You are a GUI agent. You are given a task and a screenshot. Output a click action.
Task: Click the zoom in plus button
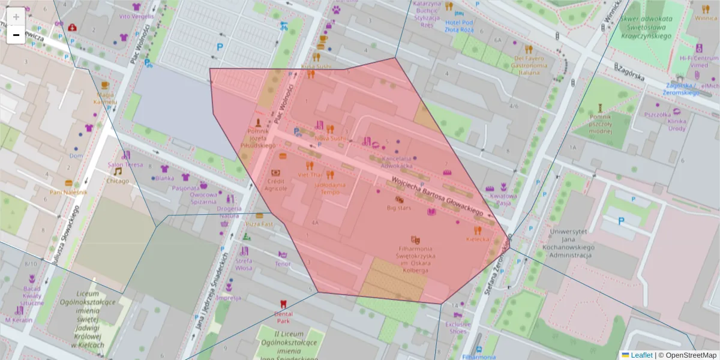[x=16, y=17]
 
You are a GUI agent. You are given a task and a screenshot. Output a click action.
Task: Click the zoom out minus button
[x=16, y=35]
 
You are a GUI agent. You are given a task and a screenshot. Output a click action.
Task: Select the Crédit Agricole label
[x=277, y=184]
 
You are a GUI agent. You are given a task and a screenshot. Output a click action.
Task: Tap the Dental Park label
[x=283, y=317]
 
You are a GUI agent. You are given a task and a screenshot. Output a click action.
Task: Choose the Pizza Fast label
[x=259, y=224]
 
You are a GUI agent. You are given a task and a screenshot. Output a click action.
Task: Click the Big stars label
[x=399, y=208]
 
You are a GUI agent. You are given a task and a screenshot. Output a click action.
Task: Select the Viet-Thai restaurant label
[x=310, y=175]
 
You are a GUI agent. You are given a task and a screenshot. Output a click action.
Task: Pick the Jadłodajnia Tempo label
[x=330, y=188]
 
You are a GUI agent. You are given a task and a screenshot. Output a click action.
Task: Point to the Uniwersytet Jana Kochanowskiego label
[x=568, y=242]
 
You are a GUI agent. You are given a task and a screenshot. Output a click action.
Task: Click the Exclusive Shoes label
[x=458, y=327]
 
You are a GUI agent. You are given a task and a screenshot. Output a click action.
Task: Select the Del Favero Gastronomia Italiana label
[x=529, y=65]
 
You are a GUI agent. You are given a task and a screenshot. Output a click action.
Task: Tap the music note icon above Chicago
[x=118, y=171]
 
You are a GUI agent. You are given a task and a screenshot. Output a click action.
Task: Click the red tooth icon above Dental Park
[x=283, y=304]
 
